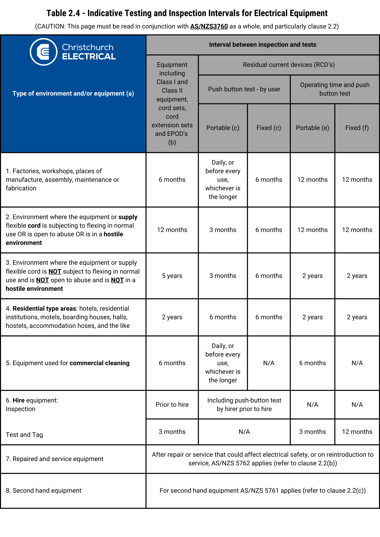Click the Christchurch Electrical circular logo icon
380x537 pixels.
click(x=44, y=52)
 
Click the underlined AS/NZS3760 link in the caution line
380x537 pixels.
click(x=209, y=26)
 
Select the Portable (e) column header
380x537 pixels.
click(x=312, y=128)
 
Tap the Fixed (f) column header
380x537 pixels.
click(x=357, y=128)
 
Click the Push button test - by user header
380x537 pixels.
click(x=244, y=89)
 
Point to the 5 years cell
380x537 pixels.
click(x=172, y=276)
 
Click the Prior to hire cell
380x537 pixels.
click(x=172, y=405)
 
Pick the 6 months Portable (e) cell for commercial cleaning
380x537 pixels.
click(x=312, y=363)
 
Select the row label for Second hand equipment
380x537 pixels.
click(x=44, y=491)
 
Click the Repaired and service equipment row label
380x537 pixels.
click(x=55, y=459)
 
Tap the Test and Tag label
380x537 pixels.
click(x=24, y=435)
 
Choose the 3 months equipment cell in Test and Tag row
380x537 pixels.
click(x=172, y=432)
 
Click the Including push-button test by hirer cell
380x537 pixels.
click(x=244, y=405)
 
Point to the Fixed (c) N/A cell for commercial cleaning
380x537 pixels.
click(x=269, y=363)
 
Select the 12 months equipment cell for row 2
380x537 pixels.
click(x=172, y=230)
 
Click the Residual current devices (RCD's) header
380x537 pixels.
click(x=289, y=65)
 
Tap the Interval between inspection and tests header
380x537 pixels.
click(x=263, y=45)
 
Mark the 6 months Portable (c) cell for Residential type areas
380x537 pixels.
click(x=223, y=317)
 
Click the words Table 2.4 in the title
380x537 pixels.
click(x=63, y=13)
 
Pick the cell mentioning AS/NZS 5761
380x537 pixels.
click(x=263, y=491)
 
